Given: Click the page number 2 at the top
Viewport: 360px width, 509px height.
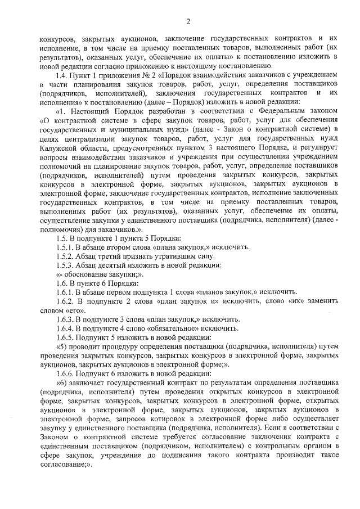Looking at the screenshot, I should (188, 22).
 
